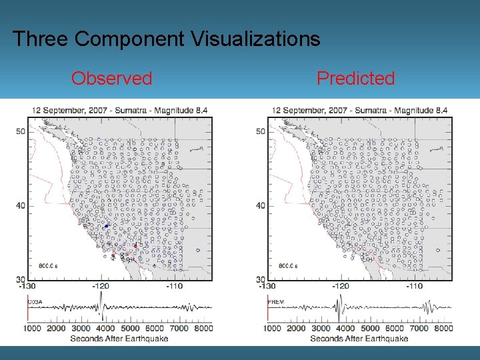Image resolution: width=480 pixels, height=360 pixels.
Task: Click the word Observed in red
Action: coord(111,79)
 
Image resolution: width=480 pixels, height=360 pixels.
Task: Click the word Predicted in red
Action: coord(355,79)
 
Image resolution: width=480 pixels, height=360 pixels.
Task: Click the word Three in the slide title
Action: coord(41,39)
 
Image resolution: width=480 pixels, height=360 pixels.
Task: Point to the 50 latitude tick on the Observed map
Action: coord(21,131)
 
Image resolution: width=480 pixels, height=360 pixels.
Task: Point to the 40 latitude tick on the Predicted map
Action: coord(261,205)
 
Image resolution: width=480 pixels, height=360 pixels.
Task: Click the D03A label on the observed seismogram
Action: coord(35,302)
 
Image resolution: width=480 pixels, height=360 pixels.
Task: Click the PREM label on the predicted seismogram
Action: coord(275,302)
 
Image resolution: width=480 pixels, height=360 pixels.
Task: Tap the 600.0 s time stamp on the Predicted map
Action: coord(287,266)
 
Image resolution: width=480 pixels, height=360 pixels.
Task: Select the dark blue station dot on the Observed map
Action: coord(106,226)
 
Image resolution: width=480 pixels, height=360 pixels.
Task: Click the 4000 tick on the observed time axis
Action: coord(105,328)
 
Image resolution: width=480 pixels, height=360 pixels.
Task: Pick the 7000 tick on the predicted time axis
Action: coord(419,328)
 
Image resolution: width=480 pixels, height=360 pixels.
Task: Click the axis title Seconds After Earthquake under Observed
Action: coord(119,338)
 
